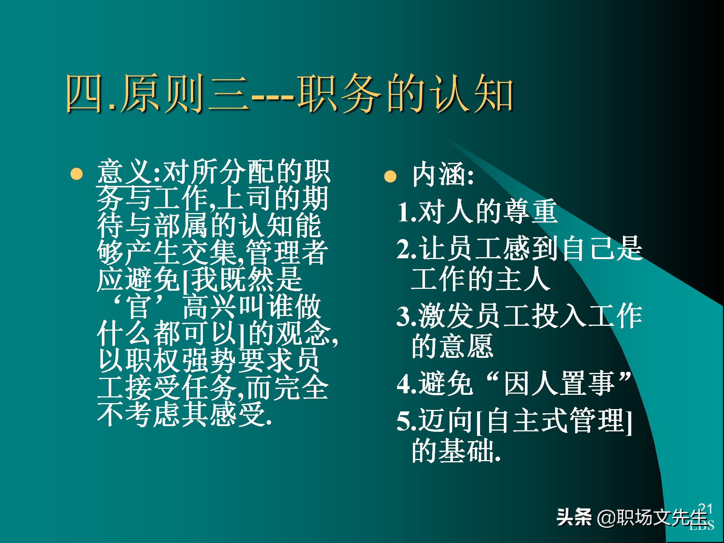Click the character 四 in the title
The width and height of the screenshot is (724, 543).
[x=84, y=94]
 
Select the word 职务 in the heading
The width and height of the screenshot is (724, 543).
[x=339, y=94]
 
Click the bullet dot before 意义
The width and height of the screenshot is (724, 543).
[x=77, y=174]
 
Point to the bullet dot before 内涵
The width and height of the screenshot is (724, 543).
[x=390, y=176]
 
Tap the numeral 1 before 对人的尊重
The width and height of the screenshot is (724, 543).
[x=404, y=212]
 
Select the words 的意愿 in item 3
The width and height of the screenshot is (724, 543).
[x=452, y=347]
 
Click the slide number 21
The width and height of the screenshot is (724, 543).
[x=705, y=509]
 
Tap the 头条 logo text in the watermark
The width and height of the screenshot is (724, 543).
[x=574, y=517]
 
